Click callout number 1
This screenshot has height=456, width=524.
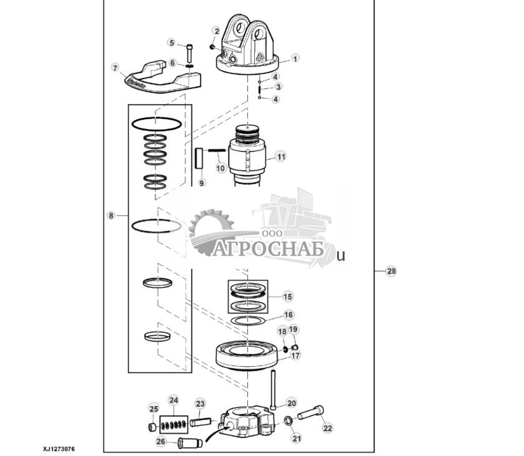point(295,57)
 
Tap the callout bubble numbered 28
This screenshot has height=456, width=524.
point(391,271)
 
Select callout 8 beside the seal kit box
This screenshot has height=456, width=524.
point(111,216)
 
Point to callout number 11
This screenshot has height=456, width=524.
point(281,157)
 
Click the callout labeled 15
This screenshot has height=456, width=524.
point(287,297)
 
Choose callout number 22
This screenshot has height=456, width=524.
point(327,428)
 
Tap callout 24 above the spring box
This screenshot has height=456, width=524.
point(173,400)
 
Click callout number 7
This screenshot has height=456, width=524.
point(115,67)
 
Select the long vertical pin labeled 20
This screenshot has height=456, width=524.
point(273,389)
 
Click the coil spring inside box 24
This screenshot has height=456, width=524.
point(173,424)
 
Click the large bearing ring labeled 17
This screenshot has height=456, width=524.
point(247,356)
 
